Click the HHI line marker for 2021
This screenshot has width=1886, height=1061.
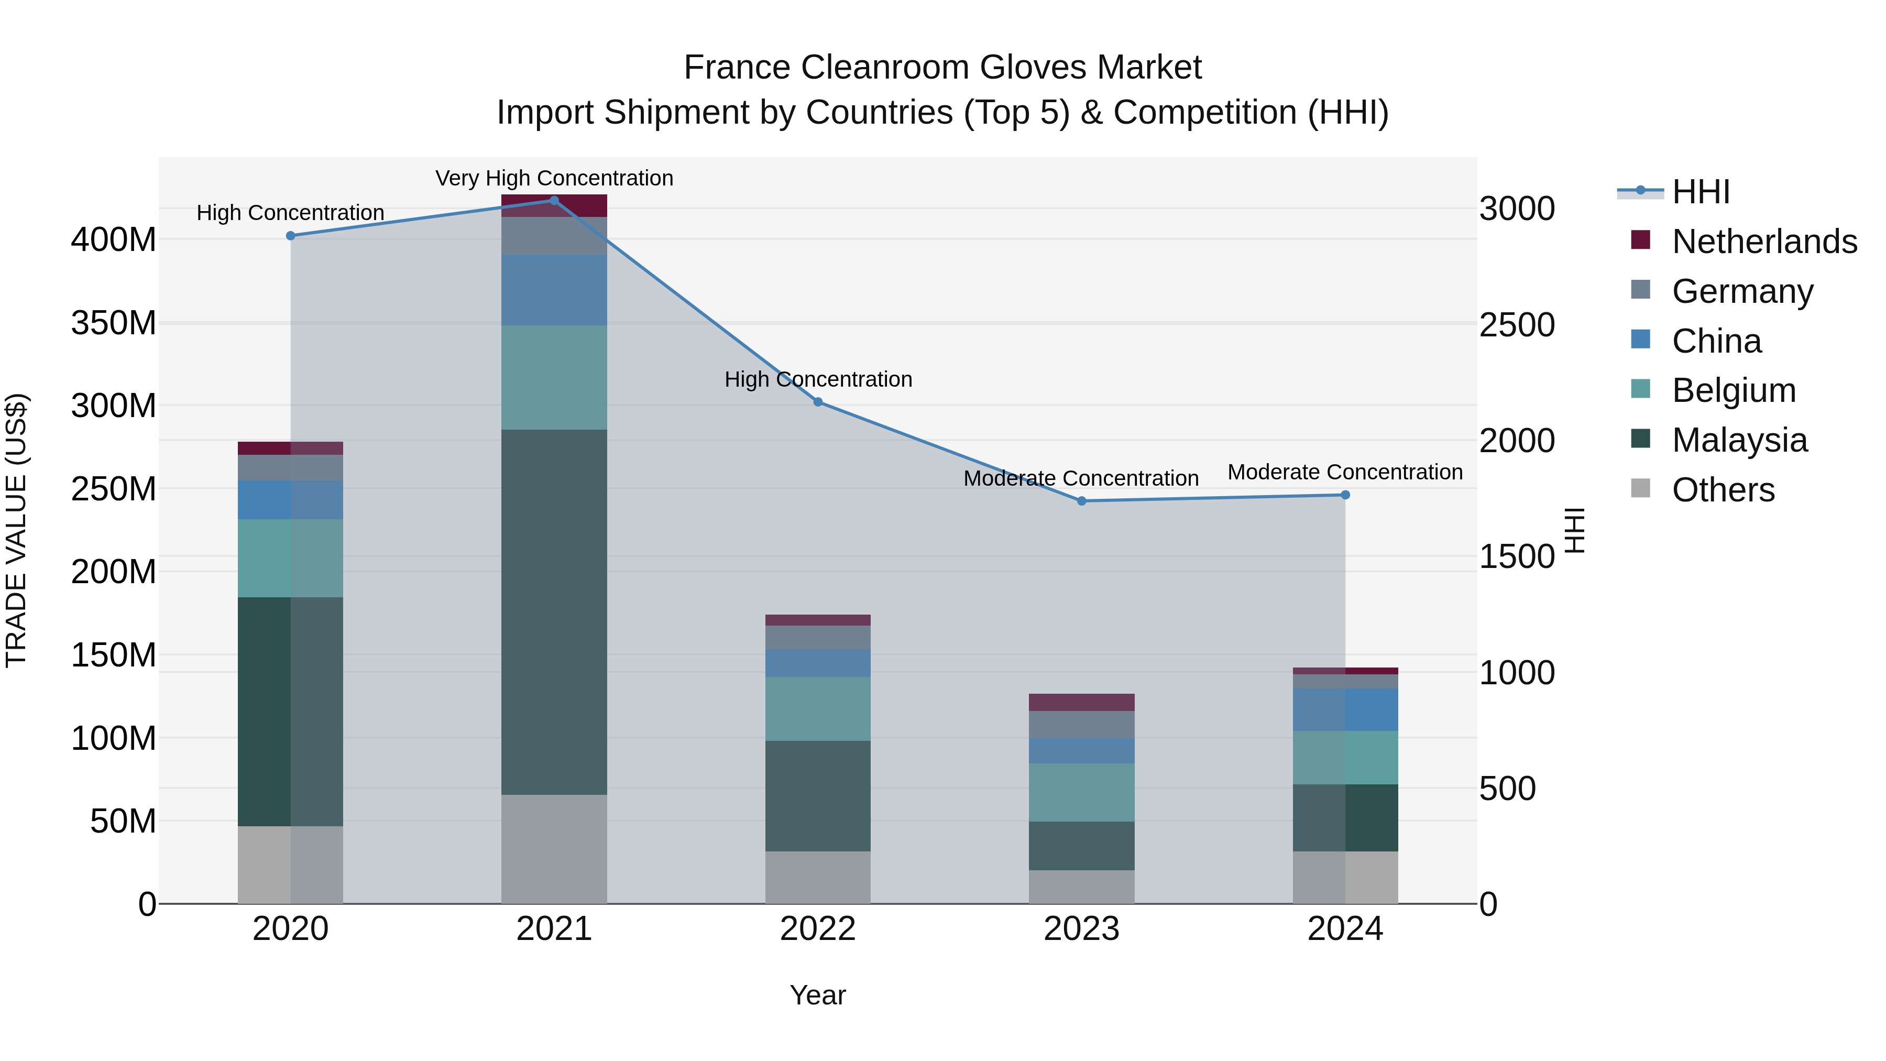tap(554, 201)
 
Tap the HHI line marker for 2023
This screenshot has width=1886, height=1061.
tap(1081, 501)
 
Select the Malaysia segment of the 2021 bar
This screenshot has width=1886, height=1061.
tap(554, 611)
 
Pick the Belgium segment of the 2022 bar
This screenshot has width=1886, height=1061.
tap(818, 709)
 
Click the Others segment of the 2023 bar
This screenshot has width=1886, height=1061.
tap(1081, 887)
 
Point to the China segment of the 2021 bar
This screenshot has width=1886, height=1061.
tap(554, 290)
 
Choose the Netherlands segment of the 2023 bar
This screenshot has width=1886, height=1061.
tap(1081, 702)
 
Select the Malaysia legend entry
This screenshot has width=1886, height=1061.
tap(1739, 440)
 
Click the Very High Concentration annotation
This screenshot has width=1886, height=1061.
tap(554, 178)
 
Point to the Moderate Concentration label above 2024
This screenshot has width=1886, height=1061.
tap(1345, 472)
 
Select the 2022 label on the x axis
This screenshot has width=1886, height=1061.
tap(818, 929)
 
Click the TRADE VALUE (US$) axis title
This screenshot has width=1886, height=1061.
tap(16, 530)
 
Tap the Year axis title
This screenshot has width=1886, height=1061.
tap(818, 995)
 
